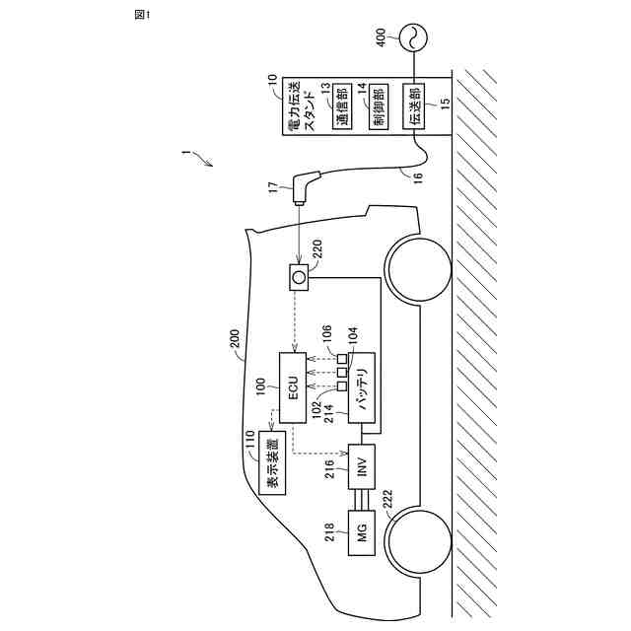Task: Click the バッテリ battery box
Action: point(363,388)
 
